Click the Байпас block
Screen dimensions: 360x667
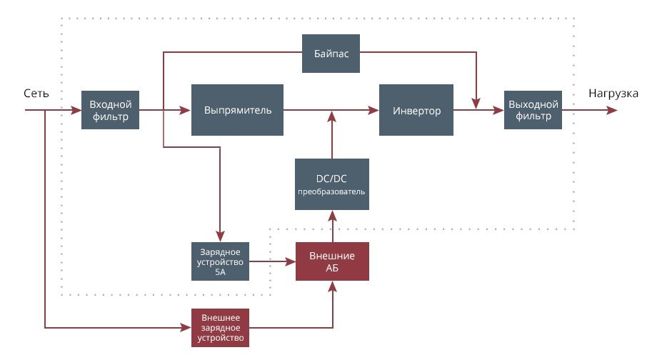click(330, 53)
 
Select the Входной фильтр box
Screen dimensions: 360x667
click(110, 110)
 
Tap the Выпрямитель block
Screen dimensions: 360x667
click(237, 110)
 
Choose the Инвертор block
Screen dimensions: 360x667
click(416, 110)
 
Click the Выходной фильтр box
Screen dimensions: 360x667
click(532, 110)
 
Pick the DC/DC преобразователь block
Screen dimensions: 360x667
click(332, 184)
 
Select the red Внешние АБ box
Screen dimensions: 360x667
click(332, 261)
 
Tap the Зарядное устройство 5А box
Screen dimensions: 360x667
click(220, 261)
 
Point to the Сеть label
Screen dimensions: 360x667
click(36, 94)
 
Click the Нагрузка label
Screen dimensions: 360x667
click(613, 94)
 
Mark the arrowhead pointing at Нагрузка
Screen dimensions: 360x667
click(613, 111)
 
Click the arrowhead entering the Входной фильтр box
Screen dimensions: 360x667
click(76, 111)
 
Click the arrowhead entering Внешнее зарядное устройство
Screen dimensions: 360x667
click(187, 328)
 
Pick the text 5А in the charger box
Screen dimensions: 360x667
click(220, 271)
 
